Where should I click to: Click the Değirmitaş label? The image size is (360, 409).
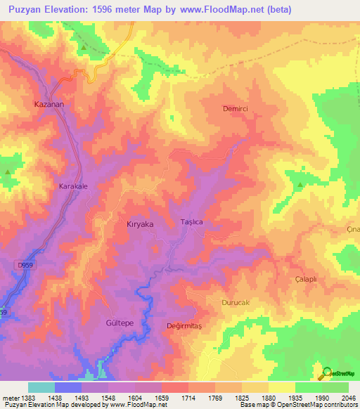click(184, 325)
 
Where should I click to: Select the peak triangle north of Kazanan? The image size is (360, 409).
click(84, 47)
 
